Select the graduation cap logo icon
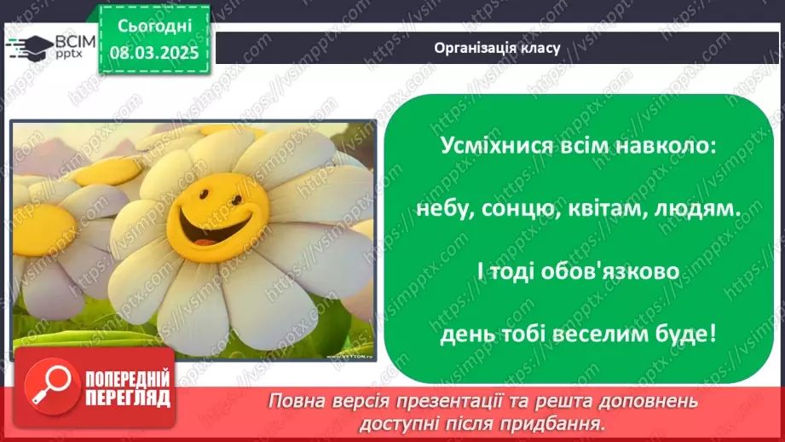click(28, 47)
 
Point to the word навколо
click(663, 145)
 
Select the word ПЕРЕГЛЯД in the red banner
click(129, 398)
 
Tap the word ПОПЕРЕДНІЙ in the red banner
click(129, 379)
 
